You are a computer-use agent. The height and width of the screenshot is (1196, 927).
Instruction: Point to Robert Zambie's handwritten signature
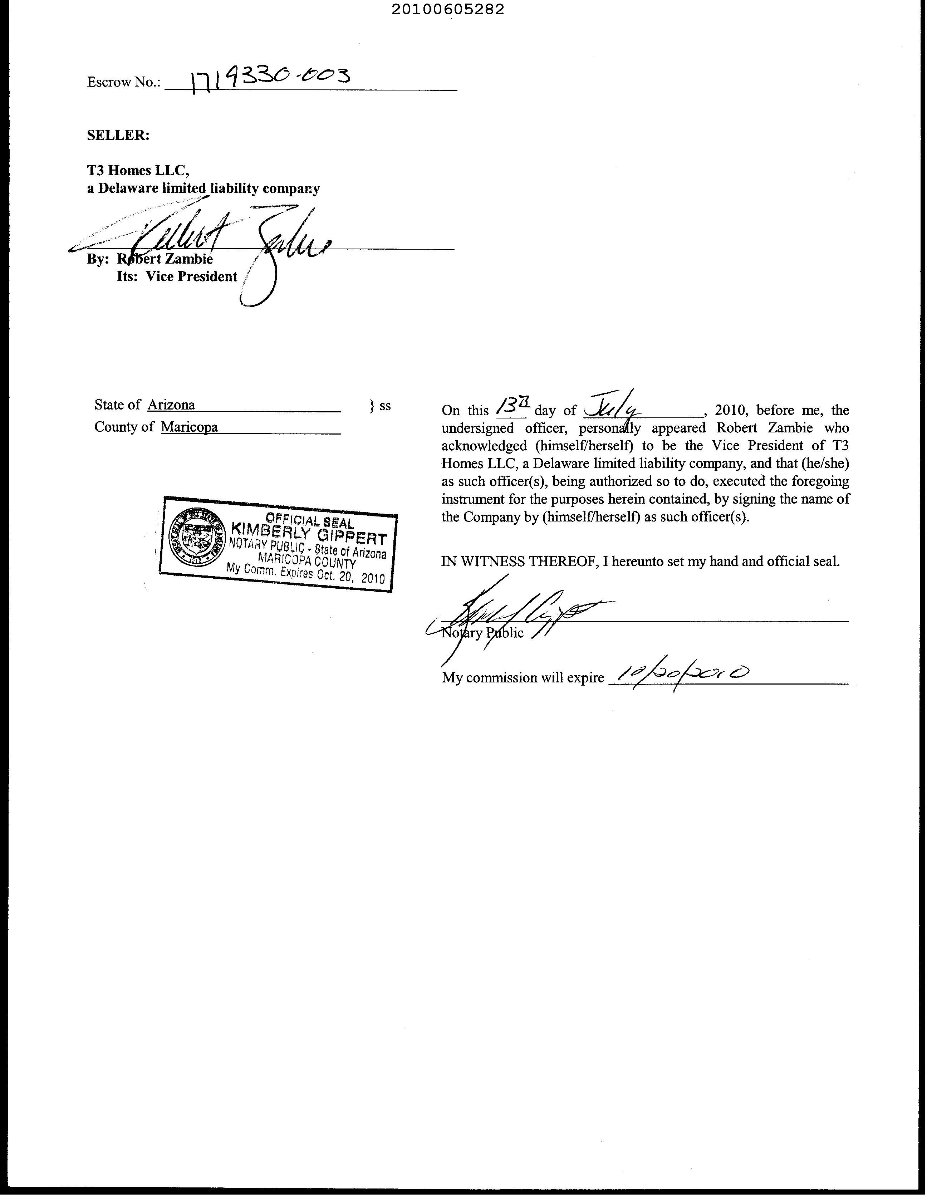230,241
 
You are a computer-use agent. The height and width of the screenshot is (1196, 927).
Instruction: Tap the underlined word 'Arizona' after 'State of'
171,405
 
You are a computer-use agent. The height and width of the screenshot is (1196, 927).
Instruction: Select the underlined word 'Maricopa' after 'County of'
190,427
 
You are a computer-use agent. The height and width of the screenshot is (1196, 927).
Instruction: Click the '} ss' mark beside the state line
380,406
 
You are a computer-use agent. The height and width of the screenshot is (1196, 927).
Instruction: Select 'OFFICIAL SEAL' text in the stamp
309,518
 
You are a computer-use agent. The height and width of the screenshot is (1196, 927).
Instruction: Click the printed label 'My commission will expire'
523,678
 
